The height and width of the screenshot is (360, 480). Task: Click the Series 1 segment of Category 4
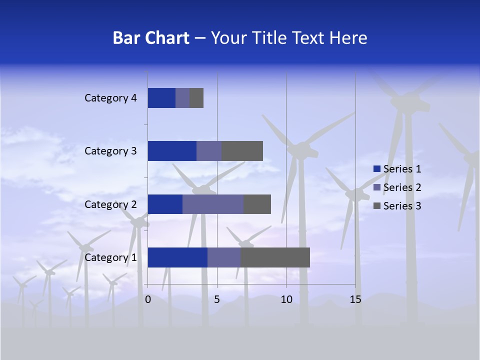(x=161, y=98)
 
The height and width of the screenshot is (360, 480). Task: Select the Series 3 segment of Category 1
(x=275, y=257)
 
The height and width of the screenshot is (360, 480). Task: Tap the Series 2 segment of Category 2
(x=213, y=204)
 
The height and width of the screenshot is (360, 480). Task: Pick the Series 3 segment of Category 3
(x=242, y=151)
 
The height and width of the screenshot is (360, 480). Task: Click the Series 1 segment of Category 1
(x=177, y=257)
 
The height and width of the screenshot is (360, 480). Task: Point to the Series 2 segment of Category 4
(x=182, y=98)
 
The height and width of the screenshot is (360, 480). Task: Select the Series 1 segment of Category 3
(x=172, y=151)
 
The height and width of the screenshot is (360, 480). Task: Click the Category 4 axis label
(x=110, y=98)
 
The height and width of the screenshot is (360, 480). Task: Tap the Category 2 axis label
(x=110, y=204)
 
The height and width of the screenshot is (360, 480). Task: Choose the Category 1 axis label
(x=110, y=257)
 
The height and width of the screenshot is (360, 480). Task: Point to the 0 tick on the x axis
(x=148, y=299)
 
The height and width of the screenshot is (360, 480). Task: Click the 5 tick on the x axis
(x=217, y=299)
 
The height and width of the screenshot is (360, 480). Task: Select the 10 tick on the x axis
(x=286, y=299)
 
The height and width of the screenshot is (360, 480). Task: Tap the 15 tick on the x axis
(x=355, y=299)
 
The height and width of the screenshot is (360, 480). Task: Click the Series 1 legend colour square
(x=377, y=169)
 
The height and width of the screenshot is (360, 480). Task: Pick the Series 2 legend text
(x=402, y=187)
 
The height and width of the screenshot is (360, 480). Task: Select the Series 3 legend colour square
(x=377, y=206)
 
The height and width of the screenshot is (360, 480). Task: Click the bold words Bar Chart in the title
(x=151, y=38)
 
